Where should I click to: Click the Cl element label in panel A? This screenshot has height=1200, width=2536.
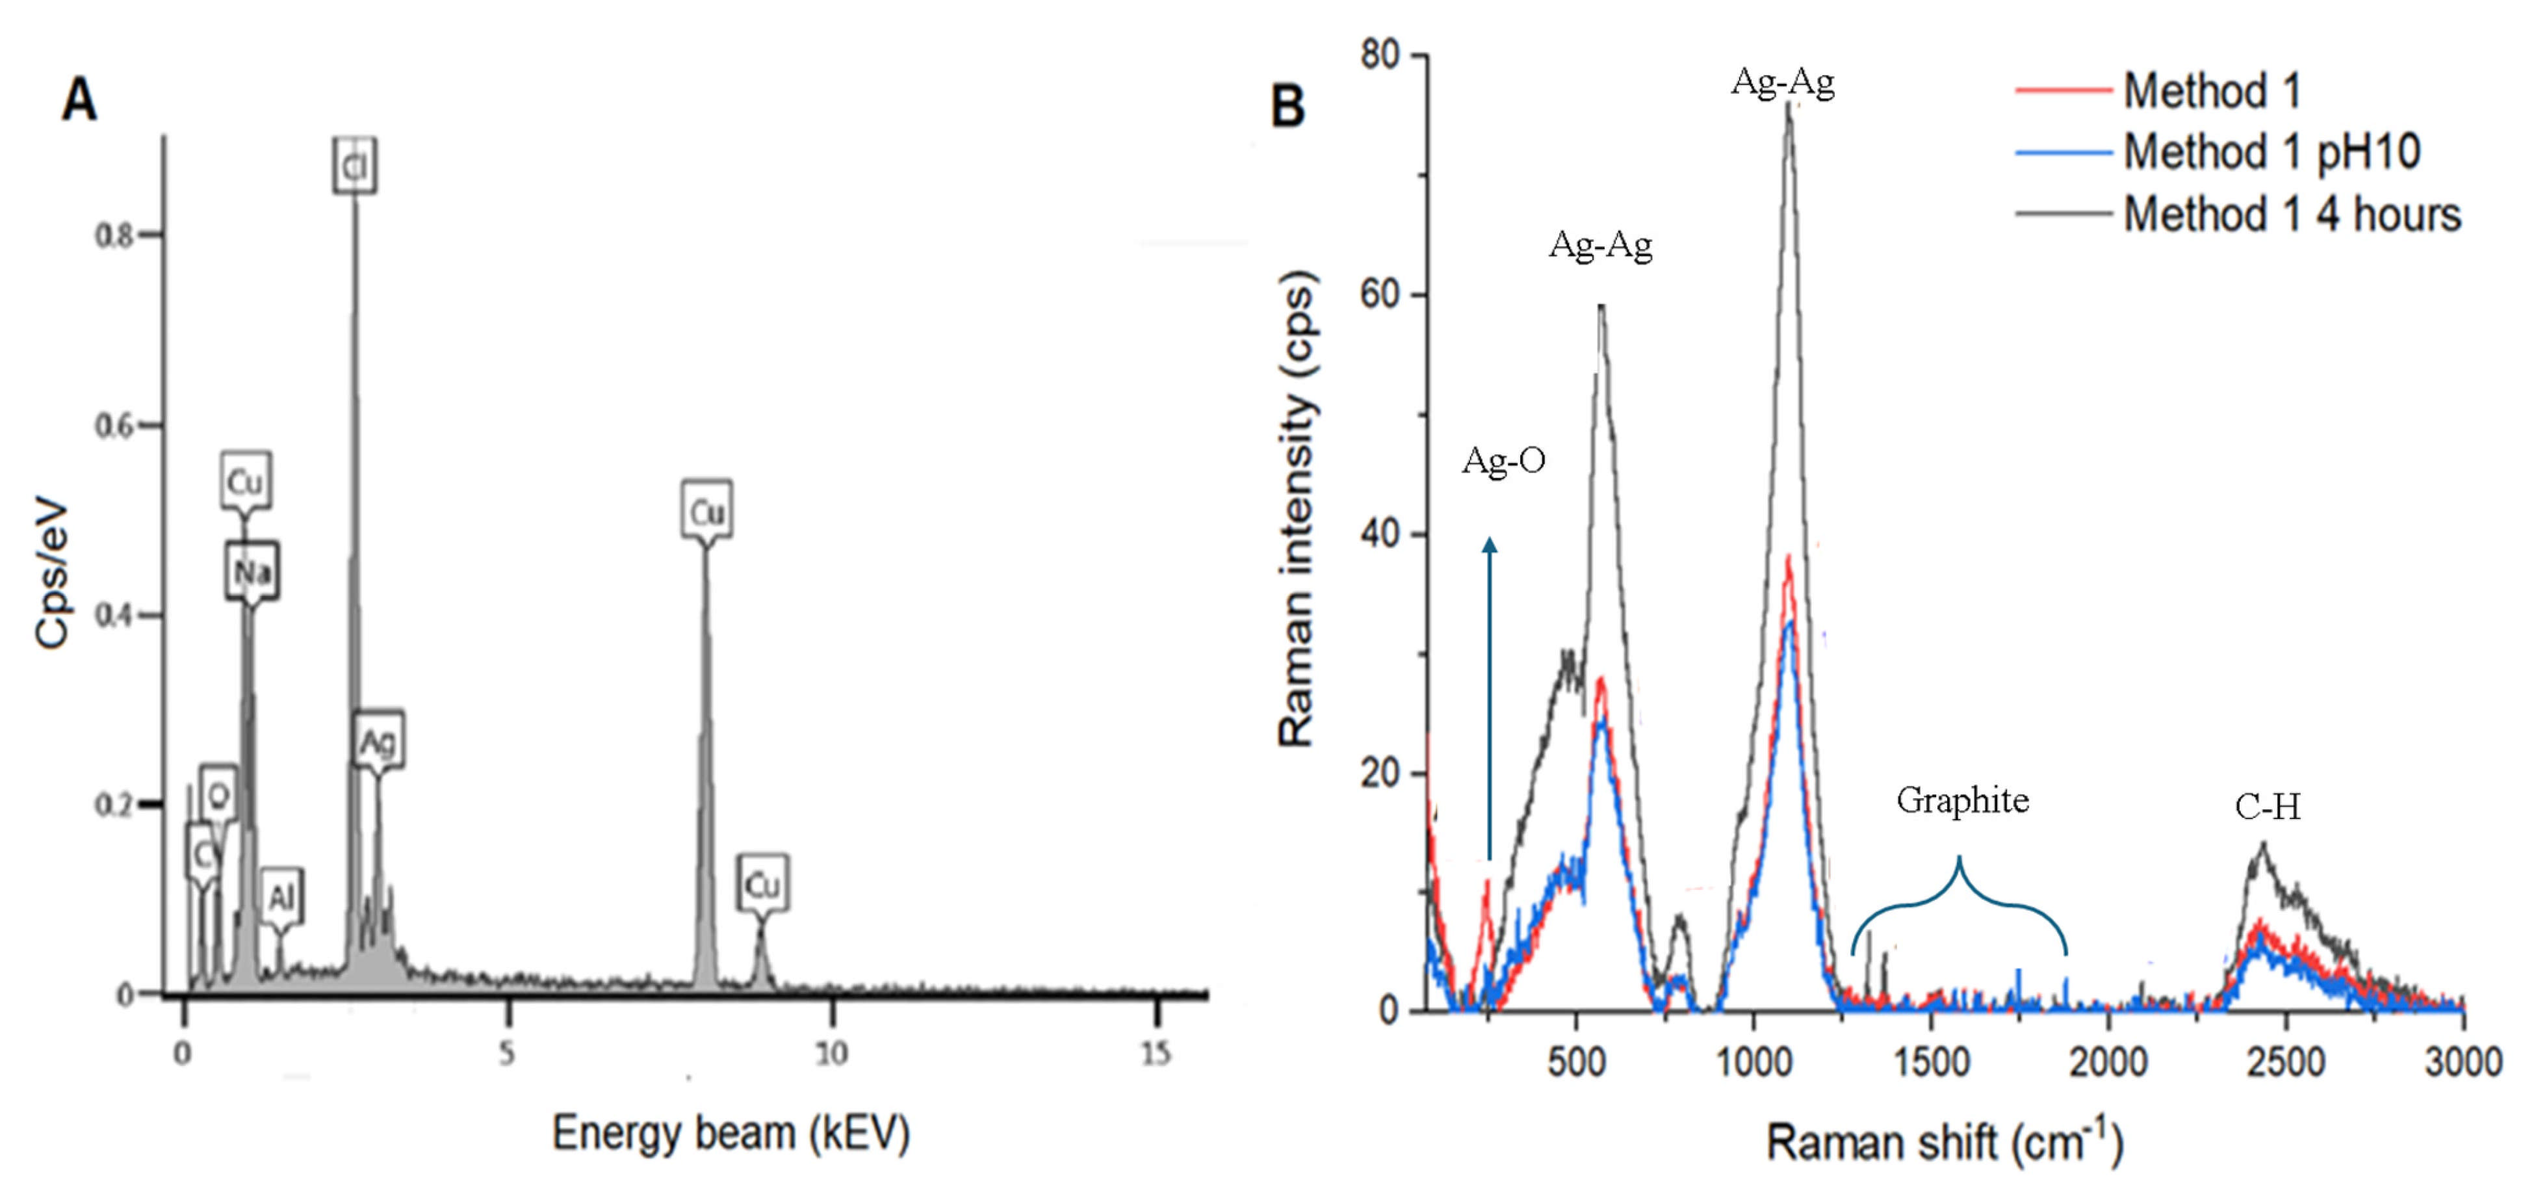tap(354, 167)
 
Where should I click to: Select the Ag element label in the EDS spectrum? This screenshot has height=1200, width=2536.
tap(378, 741)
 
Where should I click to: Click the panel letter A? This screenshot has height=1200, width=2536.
tap(79, 100)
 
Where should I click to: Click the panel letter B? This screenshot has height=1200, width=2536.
tap(1287, 105)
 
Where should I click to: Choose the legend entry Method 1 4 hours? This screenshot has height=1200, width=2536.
tap(2290, 215)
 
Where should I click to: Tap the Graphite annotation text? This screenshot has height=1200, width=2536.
tap(1962, 800)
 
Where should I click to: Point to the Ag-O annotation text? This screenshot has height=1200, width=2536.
tap(1503, 460)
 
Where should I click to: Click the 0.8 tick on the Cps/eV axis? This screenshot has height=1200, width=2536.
tap(114, 236)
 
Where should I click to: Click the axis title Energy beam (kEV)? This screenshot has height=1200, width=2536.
tap(731, 1133)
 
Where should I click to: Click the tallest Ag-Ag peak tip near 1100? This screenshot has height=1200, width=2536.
tap(1789, 105)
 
